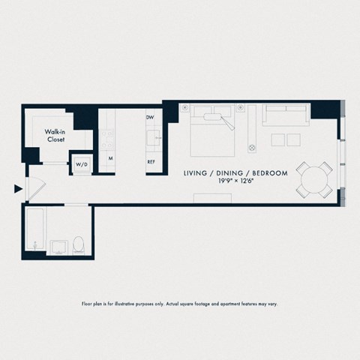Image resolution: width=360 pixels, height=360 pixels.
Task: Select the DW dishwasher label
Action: [150, 118]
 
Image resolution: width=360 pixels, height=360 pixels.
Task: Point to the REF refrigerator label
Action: [151, 161]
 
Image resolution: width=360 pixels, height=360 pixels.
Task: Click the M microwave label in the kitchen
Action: [109, 159]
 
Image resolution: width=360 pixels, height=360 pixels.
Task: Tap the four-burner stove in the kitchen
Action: [106, 138]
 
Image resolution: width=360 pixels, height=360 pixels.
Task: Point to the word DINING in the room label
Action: [235, 173]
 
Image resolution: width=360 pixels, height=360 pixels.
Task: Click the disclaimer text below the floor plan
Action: [179, 304]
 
